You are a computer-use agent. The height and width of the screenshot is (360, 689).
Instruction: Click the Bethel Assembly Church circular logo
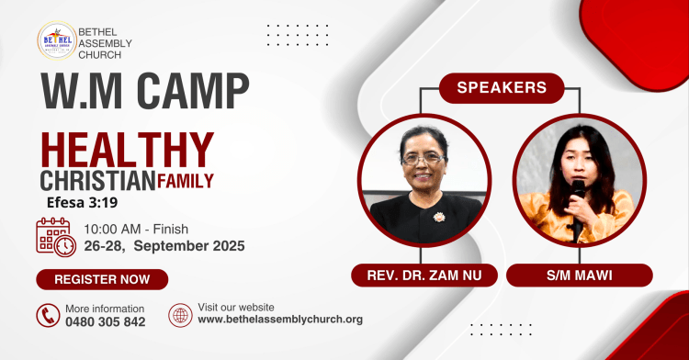57,41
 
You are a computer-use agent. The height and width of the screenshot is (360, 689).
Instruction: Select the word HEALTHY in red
128,150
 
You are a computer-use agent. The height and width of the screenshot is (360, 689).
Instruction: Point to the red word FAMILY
186,181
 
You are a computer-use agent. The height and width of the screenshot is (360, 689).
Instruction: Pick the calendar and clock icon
55,237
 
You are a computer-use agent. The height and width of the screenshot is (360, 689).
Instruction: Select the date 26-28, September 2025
164,246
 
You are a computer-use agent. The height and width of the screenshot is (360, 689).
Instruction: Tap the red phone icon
48,315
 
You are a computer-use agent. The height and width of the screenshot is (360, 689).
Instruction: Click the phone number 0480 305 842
106,322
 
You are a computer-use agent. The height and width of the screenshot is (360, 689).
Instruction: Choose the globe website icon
180,315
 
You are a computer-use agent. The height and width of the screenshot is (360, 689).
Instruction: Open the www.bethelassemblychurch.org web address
280,320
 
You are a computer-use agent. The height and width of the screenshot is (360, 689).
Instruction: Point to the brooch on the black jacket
438,217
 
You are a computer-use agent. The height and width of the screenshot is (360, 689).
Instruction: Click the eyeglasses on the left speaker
422,158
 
